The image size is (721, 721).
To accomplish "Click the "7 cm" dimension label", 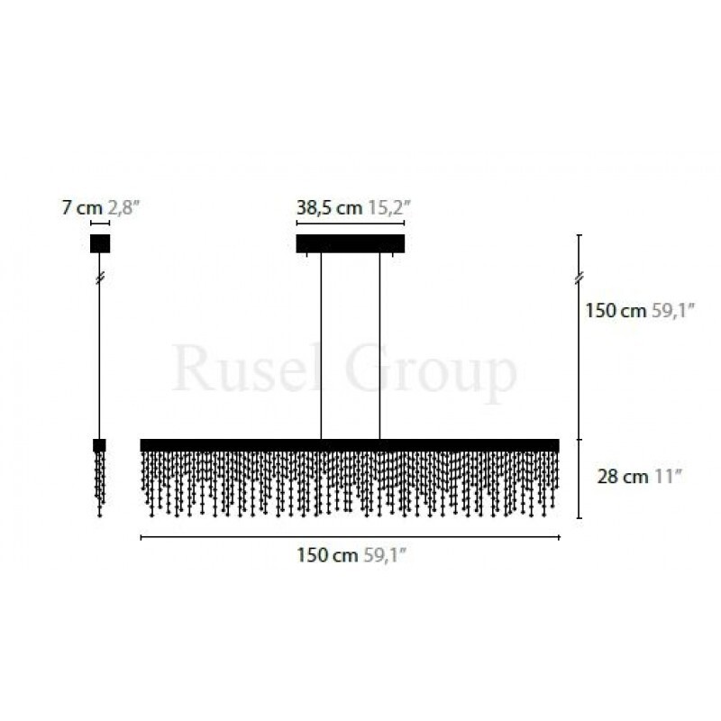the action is tap(82, 208).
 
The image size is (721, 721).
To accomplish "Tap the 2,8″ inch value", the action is tap(123, 208).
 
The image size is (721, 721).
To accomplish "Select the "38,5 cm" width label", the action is tap(329, 208).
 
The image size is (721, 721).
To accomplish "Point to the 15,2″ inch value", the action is tap(388, 208).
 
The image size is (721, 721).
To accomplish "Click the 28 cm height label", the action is tap(623, 477).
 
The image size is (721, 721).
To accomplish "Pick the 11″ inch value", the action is tap(667, 477).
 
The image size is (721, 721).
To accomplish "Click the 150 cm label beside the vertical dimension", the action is tap(616, 311).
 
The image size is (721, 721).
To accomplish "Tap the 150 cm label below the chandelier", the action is tap(327, 555).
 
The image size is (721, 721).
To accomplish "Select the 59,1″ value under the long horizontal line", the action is tap(385, 555).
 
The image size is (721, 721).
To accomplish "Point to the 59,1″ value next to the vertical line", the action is tap(672, 311).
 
